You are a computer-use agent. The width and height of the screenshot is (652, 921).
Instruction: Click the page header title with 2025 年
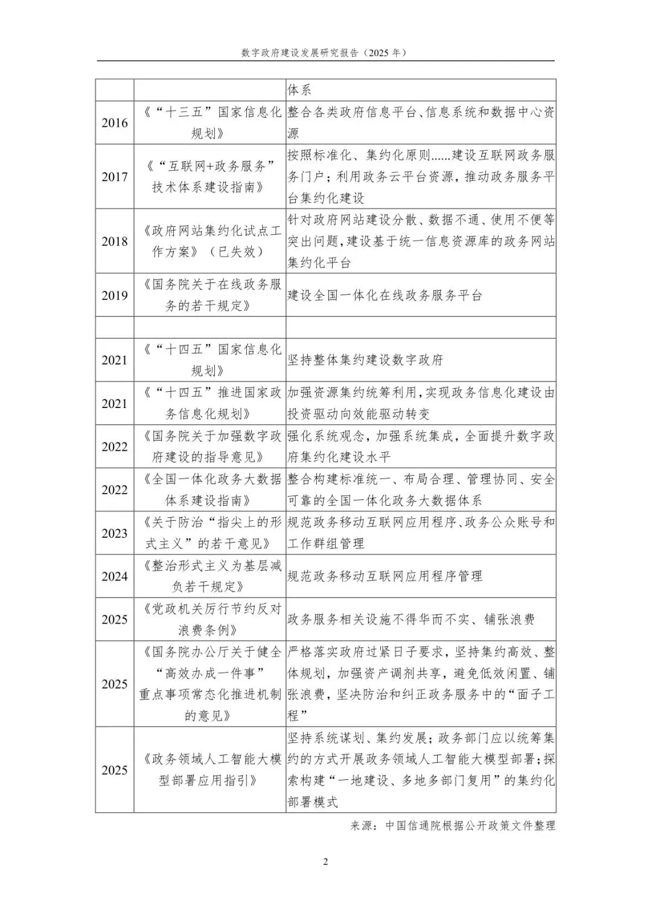325,53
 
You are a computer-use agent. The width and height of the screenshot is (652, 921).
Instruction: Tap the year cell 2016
115,123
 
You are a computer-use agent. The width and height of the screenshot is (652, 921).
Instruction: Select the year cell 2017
115,176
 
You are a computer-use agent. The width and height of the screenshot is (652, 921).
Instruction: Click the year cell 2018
115,241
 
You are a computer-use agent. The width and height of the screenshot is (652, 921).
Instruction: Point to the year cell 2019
115,295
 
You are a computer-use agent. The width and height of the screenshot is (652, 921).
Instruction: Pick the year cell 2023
115,533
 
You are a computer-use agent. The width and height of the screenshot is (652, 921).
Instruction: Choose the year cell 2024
115,576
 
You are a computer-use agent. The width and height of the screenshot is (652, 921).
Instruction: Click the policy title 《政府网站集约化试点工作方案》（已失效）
210,241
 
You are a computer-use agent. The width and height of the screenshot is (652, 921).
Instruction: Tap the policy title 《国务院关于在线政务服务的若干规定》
210,295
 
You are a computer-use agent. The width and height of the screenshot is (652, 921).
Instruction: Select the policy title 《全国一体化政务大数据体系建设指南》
210,489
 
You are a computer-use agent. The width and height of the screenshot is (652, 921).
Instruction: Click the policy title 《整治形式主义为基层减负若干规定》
210,576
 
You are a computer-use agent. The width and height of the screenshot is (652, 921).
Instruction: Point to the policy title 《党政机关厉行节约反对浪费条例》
210,619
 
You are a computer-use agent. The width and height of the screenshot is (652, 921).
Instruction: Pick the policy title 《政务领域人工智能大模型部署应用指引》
210,770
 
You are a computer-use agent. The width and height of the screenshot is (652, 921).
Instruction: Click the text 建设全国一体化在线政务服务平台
385,296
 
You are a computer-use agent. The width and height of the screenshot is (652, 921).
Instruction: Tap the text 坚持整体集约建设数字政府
365,360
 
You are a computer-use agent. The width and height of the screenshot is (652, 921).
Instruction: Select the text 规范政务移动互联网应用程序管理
385,576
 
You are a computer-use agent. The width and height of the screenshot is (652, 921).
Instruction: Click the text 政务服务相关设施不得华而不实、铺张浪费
411,619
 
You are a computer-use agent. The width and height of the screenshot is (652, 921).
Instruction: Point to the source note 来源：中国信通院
452,825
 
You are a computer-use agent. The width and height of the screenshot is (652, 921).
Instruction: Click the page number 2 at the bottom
325,861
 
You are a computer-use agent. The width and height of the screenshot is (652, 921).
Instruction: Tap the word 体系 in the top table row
299,91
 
